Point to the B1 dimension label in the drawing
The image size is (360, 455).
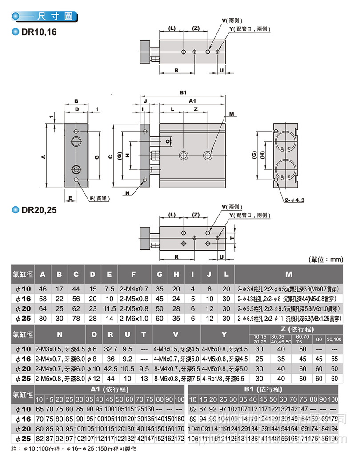[x=183, y=93]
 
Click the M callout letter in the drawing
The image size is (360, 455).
[x=231, y=114]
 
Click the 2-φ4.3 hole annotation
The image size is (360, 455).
[x=294, y=200]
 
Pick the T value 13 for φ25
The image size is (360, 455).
[x=144, y=379]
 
